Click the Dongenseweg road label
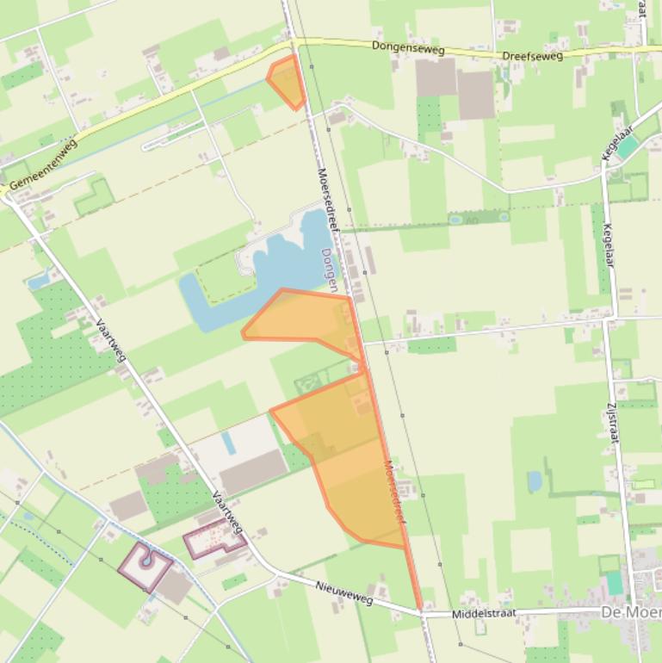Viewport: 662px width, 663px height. (408, 49)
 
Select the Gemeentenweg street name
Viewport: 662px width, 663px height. (43, 164)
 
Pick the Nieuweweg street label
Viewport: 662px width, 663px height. (344, 592)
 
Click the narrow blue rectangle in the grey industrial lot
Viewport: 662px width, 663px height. (227, 443)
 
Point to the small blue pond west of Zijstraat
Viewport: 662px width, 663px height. (535, 481)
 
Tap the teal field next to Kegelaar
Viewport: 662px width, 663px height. (628, 147)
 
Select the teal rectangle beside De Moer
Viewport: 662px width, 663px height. (614, 583)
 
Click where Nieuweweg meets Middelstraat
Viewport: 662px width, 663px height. (422, 614)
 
